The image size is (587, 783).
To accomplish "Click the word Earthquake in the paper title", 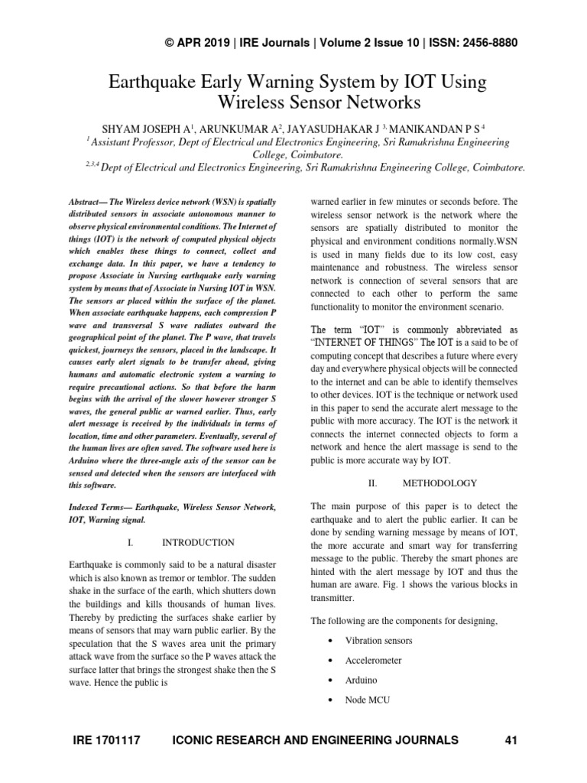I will pyautogui.click(x=156, y=81).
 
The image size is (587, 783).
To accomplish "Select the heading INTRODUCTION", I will pyautogui.click(x=198, y=542).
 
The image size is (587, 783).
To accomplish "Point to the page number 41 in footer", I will pyautogui.click(x=511, y=739).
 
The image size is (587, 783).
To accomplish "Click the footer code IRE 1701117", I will pyautogui.click(x=108, y=739).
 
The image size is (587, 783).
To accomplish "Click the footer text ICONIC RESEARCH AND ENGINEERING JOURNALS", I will pyautogui.click(x=316, y=739).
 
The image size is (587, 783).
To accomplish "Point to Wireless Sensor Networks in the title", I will pyautogui.click(x=319, y=101).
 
